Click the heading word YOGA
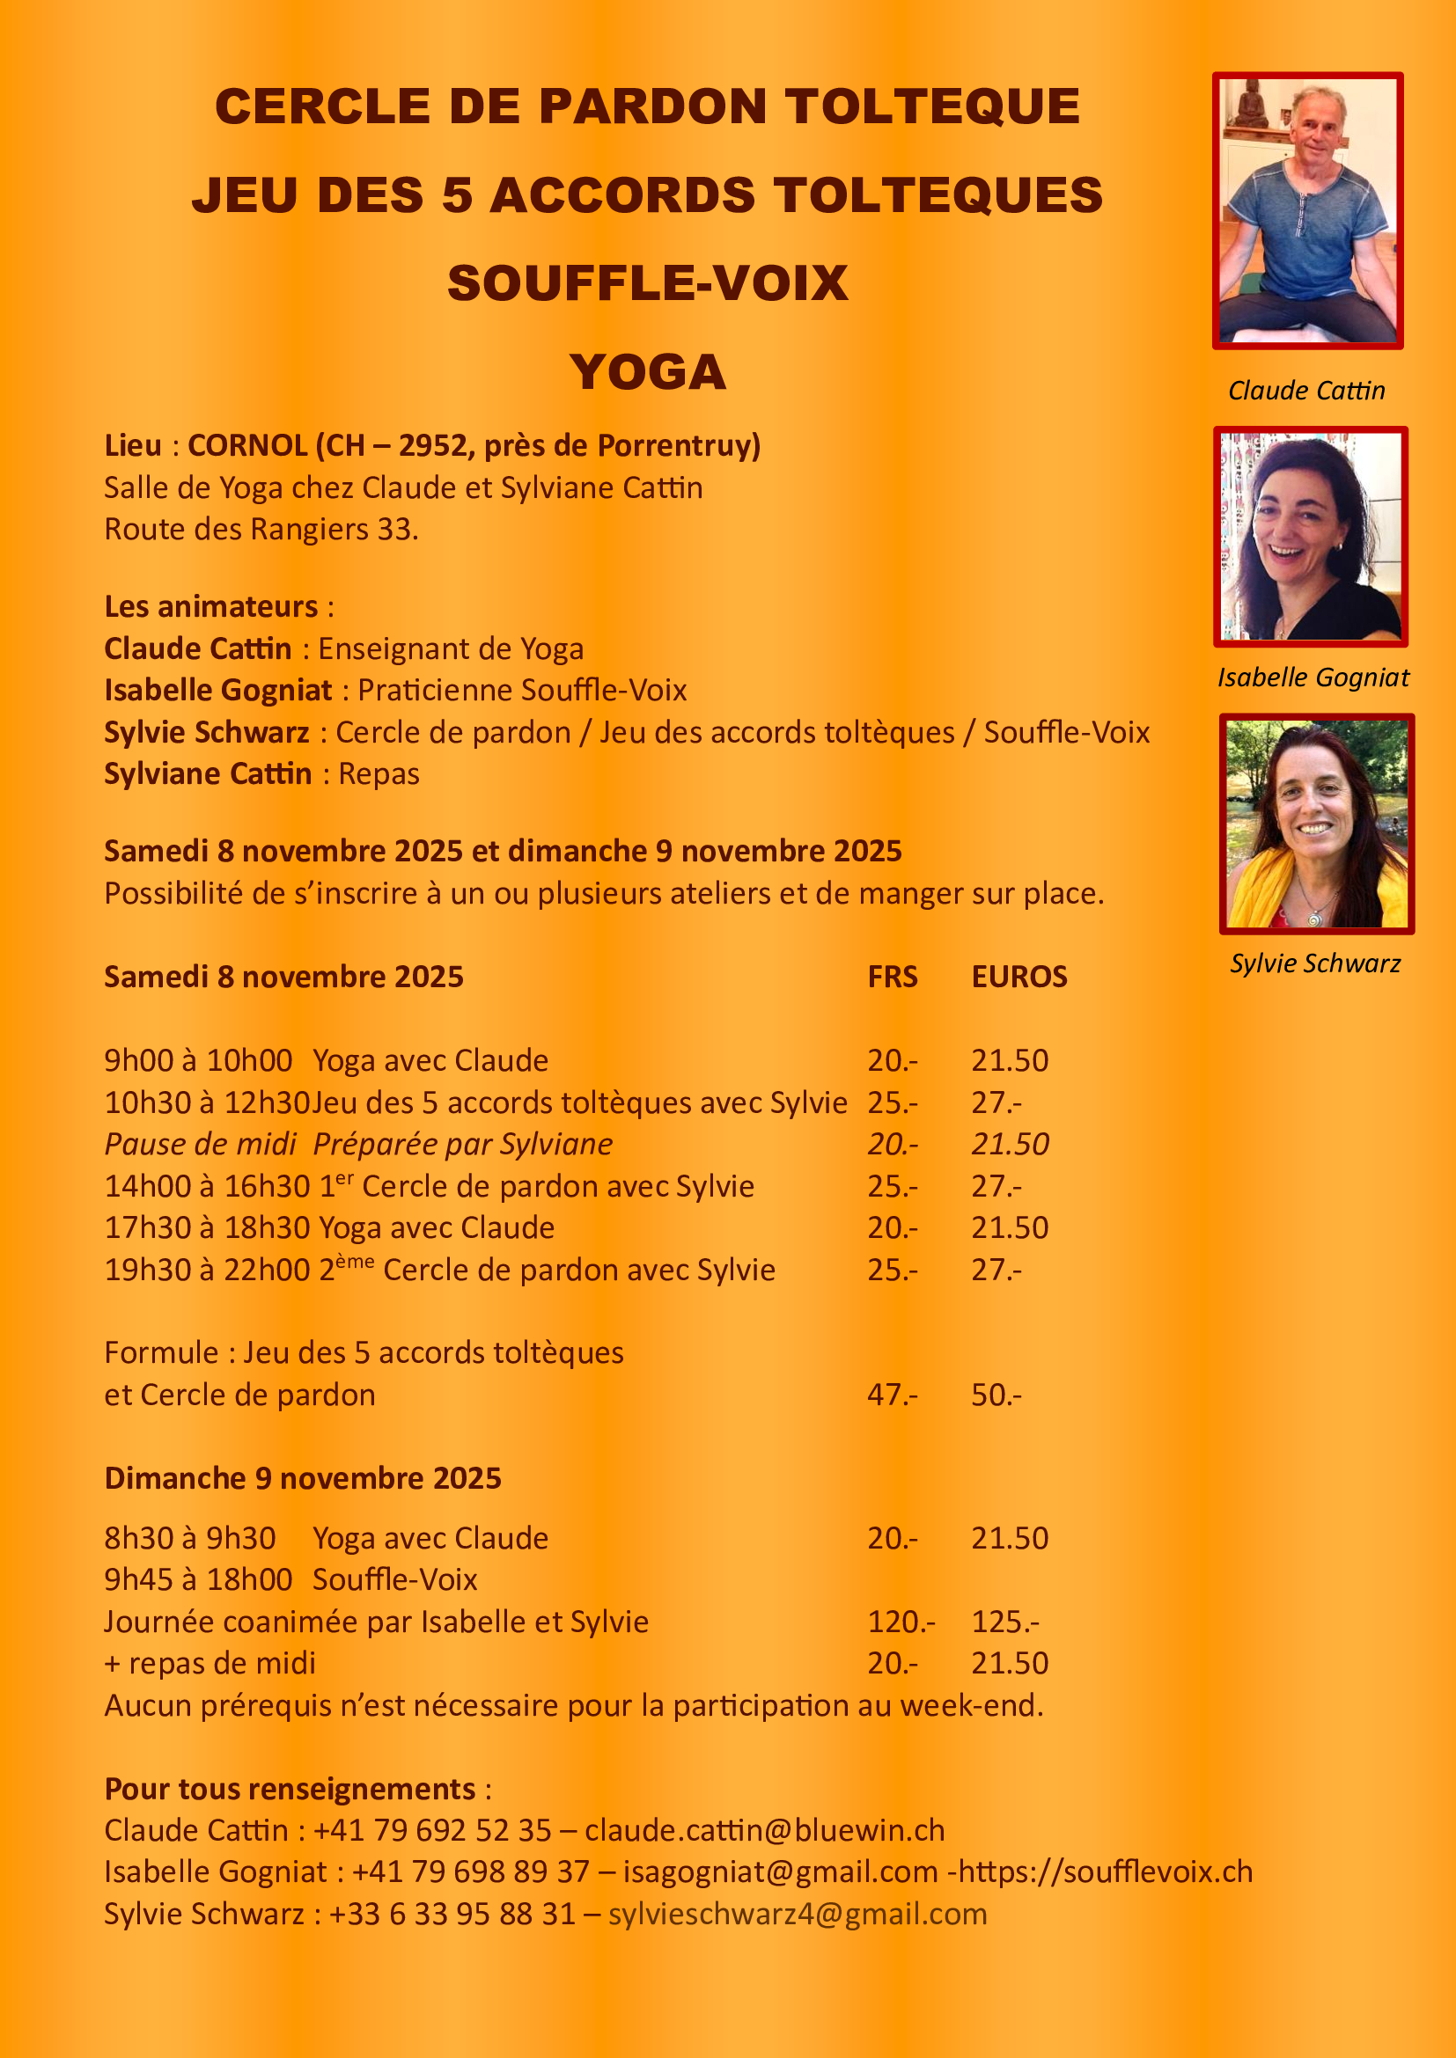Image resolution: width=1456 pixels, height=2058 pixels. pos(647,372)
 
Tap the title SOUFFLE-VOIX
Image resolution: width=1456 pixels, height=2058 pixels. pos(647,283)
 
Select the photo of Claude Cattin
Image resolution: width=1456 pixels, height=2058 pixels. pos(1307,210)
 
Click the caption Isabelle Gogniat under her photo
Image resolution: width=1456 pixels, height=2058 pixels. pos(1313,677)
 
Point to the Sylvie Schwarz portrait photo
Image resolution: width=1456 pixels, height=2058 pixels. pos(1316,824)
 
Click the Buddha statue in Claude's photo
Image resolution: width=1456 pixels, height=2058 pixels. pos(1247,104)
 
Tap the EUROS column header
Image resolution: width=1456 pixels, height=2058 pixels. pos(1019,976)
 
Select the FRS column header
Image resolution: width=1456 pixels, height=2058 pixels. pos(892,976)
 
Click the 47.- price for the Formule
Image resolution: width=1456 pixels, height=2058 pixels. pos(892,1395)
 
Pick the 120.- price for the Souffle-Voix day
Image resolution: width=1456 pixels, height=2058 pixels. pos(901,1622)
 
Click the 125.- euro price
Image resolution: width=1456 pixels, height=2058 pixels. pos(1005,1622)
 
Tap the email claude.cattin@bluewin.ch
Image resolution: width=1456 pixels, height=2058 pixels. pos(765,1830)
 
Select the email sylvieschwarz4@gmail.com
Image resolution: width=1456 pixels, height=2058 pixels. pos(797,1914)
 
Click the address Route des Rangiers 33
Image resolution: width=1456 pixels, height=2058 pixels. pos(261,529)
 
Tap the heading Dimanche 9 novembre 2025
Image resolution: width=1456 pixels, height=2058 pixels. pos(303,1478)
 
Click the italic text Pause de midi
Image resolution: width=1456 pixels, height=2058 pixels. pos(200,1144)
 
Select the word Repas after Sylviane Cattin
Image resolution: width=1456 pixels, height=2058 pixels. pos(379,773)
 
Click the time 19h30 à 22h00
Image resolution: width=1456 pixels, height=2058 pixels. pos(207,1271)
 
